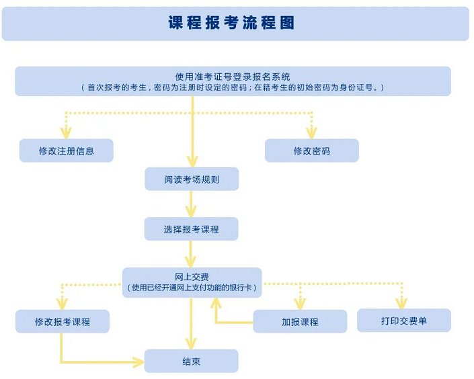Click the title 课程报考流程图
[x=232, y=23]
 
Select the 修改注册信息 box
[x=66, y=151]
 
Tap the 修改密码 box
[x=311, y=151]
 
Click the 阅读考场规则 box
[x=192, y=179]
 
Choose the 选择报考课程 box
[x=192, y=229]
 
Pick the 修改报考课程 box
[x=63, y=322]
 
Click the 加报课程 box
[x=300, y=322]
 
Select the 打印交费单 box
[x=403, y=321]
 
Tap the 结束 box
[x=192, y=362]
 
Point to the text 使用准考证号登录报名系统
[x=233, y=77]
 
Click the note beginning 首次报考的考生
[x=233, y=87]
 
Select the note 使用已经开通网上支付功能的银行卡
[x=192, y=288]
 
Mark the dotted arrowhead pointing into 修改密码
[x=311, y=133]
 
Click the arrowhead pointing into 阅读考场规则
[x=192, y=161]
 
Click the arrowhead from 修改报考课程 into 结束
[x=139, y=362]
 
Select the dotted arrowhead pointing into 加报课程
[x=300, y=304]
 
